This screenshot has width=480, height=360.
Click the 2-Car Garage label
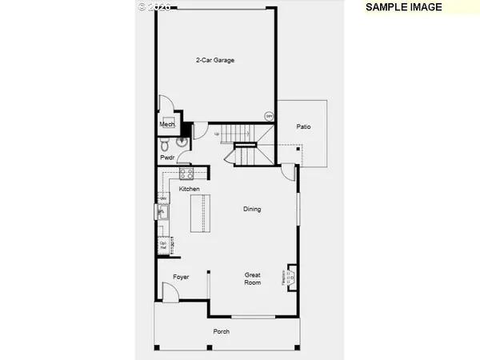coord(214,60)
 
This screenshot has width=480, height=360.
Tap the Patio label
coord(303,126)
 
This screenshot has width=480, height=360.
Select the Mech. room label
coord(166,125)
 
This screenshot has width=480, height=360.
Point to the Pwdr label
coord(166,158)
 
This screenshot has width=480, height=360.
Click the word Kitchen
coord(189,189)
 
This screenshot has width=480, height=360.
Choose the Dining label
coord(253,210)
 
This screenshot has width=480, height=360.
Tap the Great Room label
coord(253,278)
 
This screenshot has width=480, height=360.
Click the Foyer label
coord(181,277)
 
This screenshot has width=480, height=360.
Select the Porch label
coord(221,331)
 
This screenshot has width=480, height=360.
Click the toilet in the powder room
coord(164,145)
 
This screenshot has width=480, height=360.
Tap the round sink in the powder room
coord(182,144)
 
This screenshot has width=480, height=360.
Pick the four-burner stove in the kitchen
coord(186,173)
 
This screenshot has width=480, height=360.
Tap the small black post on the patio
coord(298,148)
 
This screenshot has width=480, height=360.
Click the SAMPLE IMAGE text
coord(404,7)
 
